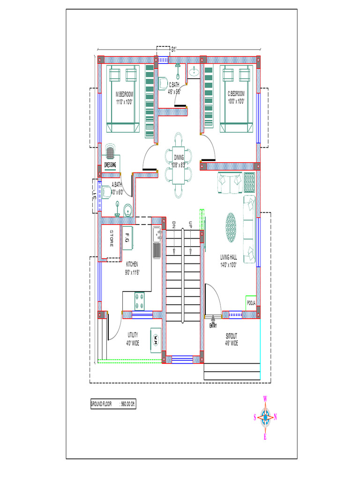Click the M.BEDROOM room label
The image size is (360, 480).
(x=125, y=97)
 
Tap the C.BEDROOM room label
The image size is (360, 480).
(x=236, y=97)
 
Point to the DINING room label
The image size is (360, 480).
(x=179, y=160)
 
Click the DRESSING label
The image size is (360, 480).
(x=110, y=165)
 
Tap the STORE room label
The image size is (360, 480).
(x=112, y=238)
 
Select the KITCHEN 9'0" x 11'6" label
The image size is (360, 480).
(x=132, y=268)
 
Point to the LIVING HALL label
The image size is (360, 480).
(x=229, y=260)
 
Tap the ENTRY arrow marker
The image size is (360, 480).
(x=213, y=321)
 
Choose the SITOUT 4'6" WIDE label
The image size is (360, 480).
(x=232, y=340)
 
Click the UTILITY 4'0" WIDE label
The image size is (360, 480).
(x=133, y=339)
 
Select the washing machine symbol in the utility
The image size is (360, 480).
(x=155, y=338)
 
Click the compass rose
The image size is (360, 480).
(x=265, y=416)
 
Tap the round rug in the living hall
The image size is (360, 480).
(x=231, y=227)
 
